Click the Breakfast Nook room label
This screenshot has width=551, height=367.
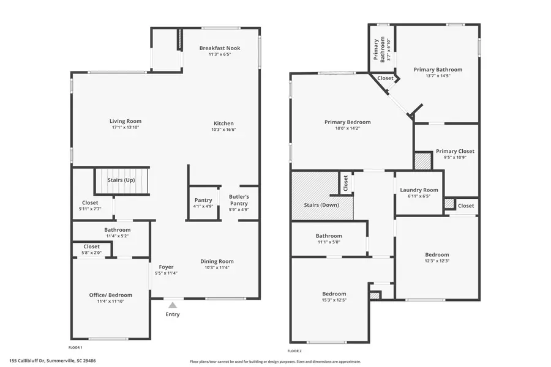219,48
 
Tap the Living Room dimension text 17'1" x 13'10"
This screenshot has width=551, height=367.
126,127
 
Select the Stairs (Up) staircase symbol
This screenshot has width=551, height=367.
121,180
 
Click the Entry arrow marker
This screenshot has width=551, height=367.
173,305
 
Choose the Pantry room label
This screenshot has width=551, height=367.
203,200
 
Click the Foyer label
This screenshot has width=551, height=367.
166,267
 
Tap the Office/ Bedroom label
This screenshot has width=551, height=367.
111,295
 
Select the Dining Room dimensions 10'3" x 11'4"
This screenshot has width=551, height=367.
217,267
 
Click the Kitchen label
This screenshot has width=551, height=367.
223,123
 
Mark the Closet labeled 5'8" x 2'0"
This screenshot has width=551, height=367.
92,247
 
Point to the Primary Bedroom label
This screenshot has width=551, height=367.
347,122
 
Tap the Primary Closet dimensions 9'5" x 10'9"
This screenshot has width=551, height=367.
455,157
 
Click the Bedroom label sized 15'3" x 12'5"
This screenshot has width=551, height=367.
334,294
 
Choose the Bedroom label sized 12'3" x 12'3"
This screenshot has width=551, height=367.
437,254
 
